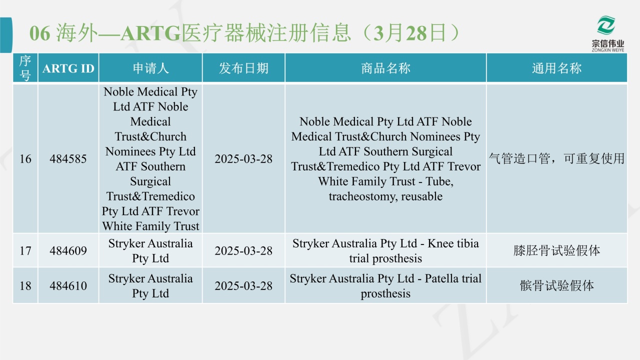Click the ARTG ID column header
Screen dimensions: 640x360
point(68,68)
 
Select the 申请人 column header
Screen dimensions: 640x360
point(150,68)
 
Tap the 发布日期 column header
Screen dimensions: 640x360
point(243,68)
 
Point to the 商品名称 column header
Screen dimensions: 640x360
point(385,68)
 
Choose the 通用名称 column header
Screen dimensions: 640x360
point(556,68)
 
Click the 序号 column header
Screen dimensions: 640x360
point(25,68)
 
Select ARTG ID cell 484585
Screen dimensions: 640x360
point(68,159)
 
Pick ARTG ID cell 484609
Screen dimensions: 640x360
point(68,250)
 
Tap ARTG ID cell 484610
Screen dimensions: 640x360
point(68,285)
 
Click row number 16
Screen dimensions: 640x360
point(25,159)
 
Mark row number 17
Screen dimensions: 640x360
point(25,250)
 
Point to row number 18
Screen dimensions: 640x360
point(25,285)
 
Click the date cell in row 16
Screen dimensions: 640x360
point(243,159)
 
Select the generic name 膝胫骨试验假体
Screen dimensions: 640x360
point(556,250)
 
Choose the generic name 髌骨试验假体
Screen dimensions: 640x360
point(556,285)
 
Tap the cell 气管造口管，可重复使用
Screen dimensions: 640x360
point(556,158)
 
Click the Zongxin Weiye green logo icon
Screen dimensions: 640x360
point(606,25)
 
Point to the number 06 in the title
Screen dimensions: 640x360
point(39,33)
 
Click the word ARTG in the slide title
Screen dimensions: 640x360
point(150,33)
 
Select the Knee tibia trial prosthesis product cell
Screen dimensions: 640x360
point(385,251)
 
